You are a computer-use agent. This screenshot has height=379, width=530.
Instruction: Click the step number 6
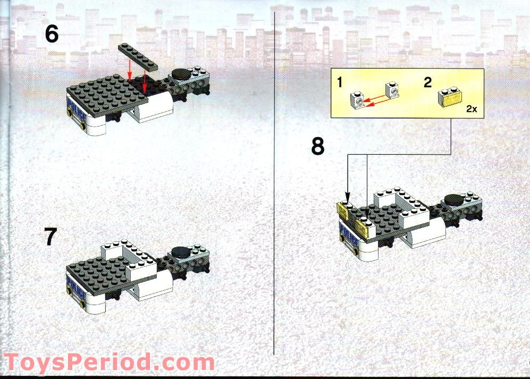52,35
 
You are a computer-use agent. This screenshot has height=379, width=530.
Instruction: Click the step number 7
51,237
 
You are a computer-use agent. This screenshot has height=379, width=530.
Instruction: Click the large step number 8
318,146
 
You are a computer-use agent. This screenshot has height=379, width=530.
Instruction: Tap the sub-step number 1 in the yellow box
339,82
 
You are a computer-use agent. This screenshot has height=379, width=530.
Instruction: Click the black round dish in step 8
455,200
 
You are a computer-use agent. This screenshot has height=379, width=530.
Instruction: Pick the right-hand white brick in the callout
392,91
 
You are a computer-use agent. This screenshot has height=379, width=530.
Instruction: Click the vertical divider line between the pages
273,213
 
